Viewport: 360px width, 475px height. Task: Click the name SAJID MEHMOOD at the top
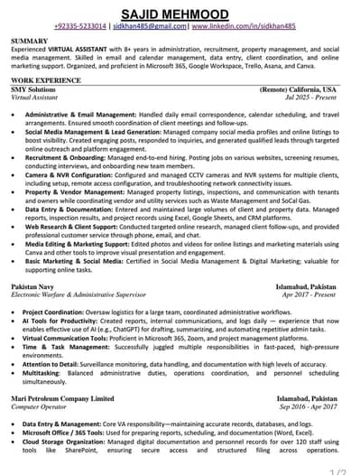(x=180, y=12)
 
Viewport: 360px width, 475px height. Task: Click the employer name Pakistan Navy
(x=33, y=286)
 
